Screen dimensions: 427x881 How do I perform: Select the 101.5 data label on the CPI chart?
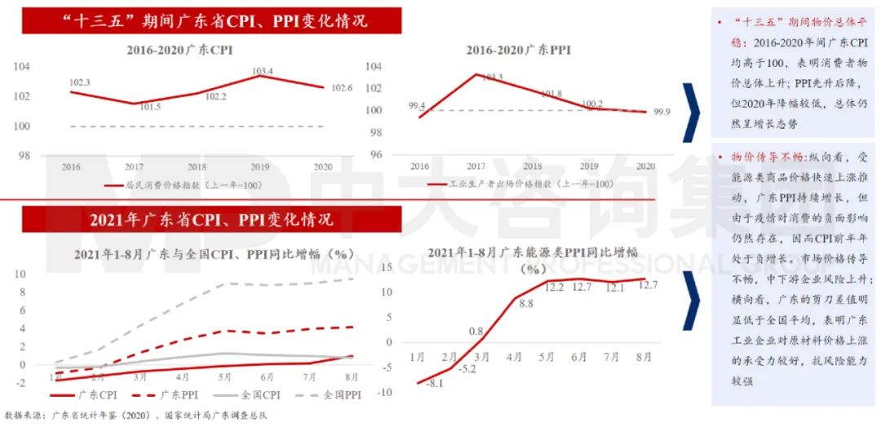[x=149, y=108]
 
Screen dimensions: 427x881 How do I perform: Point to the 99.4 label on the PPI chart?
[x=416, y=105]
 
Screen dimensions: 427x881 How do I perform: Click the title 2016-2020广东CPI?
[x=179, y=51]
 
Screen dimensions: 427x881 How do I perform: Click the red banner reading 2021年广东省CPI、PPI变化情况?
[x=211, y=220]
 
